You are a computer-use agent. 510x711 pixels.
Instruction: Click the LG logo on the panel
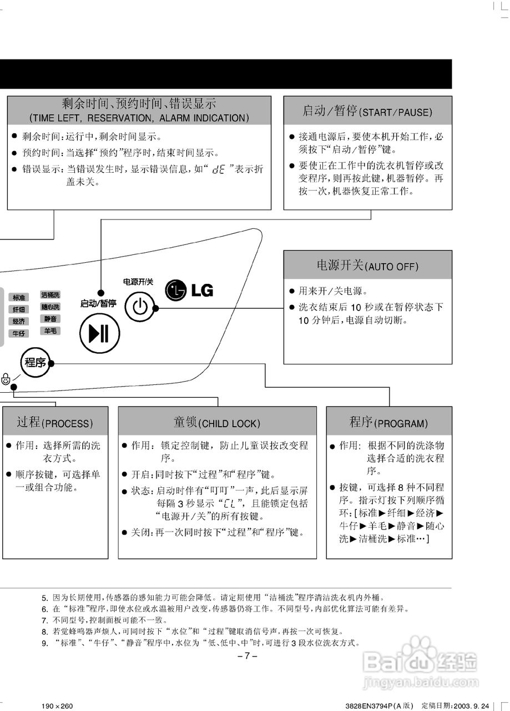[x=189, y=289]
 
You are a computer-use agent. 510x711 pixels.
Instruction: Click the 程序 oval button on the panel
[x=35, y=363]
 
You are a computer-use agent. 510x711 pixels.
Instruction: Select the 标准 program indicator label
[x=19, y=298]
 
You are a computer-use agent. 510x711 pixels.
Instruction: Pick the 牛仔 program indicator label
[x=19, y=333]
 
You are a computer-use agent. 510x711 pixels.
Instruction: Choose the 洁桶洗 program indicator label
[x=50, y=294]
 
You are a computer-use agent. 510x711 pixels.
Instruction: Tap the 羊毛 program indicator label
[x=50, y=331]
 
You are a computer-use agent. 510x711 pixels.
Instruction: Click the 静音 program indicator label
[x=50, y=319]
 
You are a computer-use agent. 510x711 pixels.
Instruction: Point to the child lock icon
[x=6, y=380]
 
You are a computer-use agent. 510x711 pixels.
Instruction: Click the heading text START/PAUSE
[x=395, y=112]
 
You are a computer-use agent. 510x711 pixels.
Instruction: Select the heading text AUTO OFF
[x=391, y=267]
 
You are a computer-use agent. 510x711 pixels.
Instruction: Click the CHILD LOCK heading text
[x=229, y=424]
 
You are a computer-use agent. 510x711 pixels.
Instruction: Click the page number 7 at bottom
[x=247, y=656]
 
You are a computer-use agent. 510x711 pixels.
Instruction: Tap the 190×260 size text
[x=57, y=705]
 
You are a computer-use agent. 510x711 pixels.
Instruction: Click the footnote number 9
[x=45, y=643]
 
